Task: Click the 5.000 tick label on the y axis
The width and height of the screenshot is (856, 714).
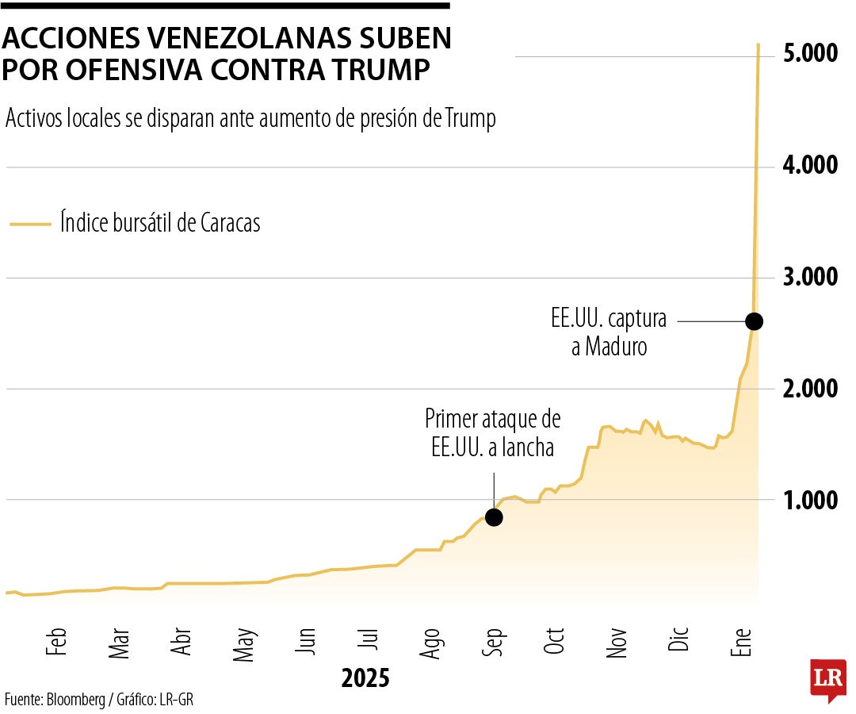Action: click(x=810, y=54)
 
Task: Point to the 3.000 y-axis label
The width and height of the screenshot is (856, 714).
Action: click(x=810, y=277)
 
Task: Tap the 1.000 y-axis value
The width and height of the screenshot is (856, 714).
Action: click(x=810, y=501)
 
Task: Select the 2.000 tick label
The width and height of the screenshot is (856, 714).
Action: click(x=810, y=389)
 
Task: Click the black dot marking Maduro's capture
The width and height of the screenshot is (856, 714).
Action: click(x=754, y=321)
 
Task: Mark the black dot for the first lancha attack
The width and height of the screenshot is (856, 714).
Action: click(x=494, y=517)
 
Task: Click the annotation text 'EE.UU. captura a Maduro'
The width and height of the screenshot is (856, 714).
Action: click(x=609, y=333)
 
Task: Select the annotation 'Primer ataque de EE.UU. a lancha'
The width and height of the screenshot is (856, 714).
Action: click(x=492, y=432)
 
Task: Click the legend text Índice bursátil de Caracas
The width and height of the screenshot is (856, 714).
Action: click(x=160, y=223)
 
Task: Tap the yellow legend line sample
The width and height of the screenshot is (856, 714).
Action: click(x=30, y=225)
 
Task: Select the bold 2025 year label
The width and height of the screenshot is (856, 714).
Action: click(x=365, y=679)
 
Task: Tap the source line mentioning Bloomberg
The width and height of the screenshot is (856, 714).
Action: click(x=99, y=700)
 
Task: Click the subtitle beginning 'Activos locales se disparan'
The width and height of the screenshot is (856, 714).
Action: click(x=250, y=119)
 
